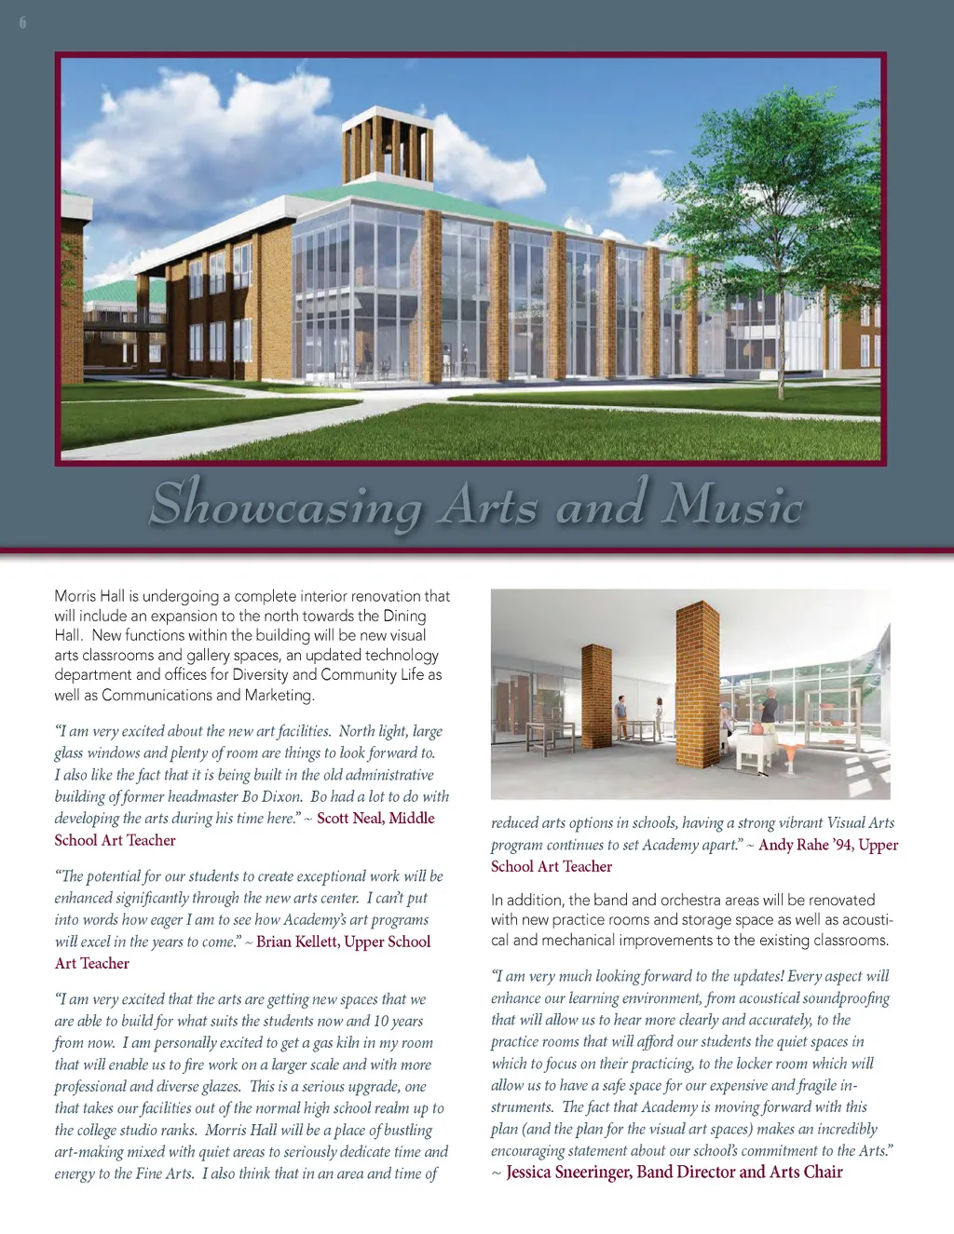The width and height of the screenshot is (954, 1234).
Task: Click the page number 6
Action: (x=22, y=22)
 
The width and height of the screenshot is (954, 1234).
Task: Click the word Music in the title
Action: (x=732, y=505)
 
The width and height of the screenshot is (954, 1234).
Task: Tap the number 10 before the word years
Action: (x=381, y=1021)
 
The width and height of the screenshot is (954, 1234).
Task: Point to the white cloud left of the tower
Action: (x=186, y=140)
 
